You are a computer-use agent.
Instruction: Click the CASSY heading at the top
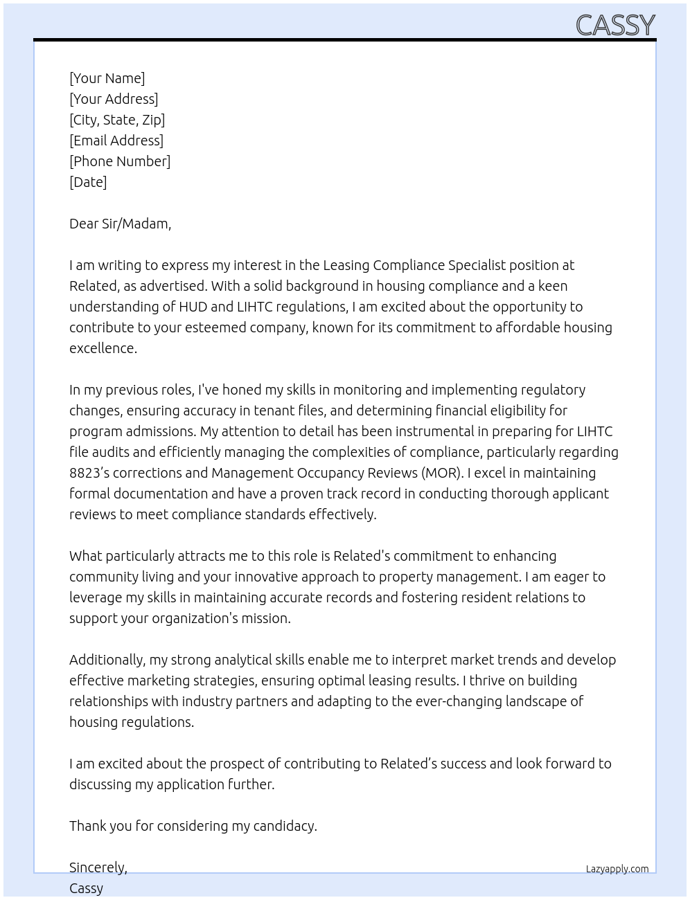(x=615, y=26)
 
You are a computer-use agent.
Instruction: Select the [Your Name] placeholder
(x=107, y=78)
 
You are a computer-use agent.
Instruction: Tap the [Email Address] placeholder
(x=116, y=141)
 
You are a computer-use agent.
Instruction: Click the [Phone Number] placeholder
(x=120, y=161)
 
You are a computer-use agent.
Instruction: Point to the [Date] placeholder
(x=88, y=182)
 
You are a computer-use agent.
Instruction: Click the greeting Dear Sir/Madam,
(x=120, y=224)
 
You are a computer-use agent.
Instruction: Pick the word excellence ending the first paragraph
(x=103, y=348)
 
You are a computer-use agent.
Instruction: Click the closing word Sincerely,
(x=98, y=867)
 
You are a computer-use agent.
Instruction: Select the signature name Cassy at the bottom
(x=86, y=888)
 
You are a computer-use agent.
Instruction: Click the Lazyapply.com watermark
(x=617, y=869)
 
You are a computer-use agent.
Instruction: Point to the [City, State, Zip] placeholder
(x=117, y=120)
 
